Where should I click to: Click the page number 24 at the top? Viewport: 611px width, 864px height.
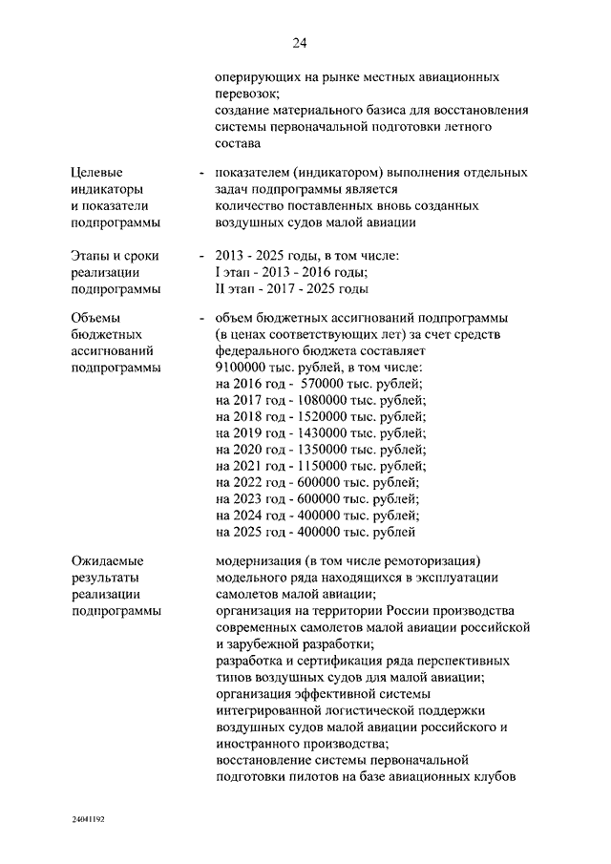click(299, 43)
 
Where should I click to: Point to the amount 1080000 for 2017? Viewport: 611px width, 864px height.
click(327, 400)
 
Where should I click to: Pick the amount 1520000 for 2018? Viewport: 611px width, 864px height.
click(327, 417)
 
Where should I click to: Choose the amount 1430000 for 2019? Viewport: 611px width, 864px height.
click(327, 433)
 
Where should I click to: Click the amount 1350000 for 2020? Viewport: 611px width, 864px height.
click(327, 450)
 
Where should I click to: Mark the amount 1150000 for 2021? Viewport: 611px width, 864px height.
click(327, 466)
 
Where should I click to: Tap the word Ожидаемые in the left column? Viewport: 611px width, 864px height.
click(107, 560)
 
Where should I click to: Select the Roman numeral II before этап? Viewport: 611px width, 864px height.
click(221, 288)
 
